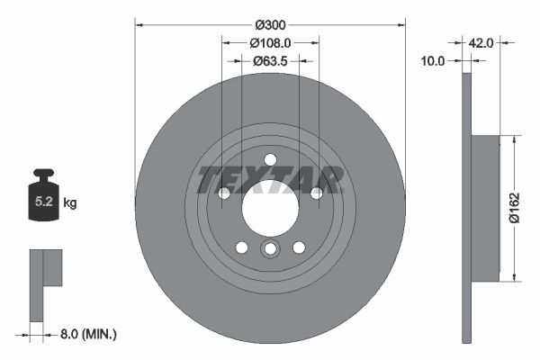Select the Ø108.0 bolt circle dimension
click(x=270, y=42)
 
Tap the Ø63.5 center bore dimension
click(x=270, y=61)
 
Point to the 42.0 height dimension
click(x=481, y=41)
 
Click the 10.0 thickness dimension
click(x=434, y=61)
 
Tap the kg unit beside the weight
click(x=69, y=203)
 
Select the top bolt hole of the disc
click(x=270, y=160)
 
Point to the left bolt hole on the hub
click(x=224, y=193)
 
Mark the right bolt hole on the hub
click(x=316, y=193)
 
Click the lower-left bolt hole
click(x=241, y=247)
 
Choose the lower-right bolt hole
click(x=299, y=247)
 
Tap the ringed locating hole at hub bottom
click(x=270, y=249)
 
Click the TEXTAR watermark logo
click(x=270, y=179)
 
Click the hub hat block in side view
click(x=484, y=208)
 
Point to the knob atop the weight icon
click(x=43, y=173)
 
